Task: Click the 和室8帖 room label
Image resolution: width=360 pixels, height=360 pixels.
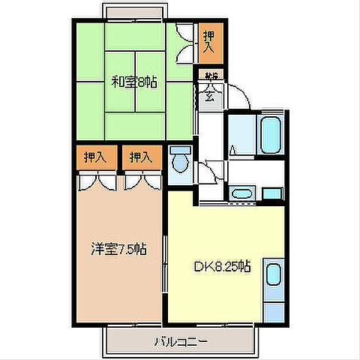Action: pyautogui.click(x=134, y=82)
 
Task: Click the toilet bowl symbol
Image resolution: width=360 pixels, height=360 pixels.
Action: pyautogui.click(x=180, y=161)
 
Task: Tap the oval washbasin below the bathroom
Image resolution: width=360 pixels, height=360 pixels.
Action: pyautogui.click(x=241, y=195)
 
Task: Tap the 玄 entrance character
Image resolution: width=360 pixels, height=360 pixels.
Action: pyautogui.click(x=209, y=95)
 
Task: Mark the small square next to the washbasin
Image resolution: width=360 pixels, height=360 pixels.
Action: pyautogui.click(x=272, y=194)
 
